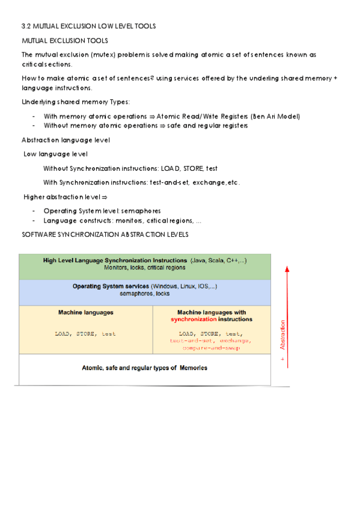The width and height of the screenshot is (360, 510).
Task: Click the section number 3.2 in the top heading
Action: (x=25, y=26)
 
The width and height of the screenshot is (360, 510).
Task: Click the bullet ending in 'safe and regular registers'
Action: (x=145, y=126)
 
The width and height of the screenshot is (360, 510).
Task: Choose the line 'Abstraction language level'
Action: (x=66, y=140)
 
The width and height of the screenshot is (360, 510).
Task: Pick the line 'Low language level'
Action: (x=55, y=155)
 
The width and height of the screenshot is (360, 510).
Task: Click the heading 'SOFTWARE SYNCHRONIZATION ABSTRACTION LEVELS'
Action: (x=105, y=234)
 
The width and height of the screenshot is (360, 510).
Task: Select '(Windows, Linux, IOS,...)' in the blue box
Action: (x=184, y=286)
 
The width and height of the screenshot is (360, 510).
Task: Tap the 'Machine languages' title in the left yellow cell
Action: (x=85, y=313)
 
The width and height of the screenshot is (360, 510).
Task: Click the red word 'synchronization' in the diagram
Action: (x=194, y=320)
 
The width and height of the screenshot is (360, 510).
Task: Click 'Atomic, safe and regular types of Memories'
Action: (x=145, y=367)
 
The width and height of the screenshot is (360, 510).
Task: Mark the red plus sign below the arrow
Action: (x=283, y=359)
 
